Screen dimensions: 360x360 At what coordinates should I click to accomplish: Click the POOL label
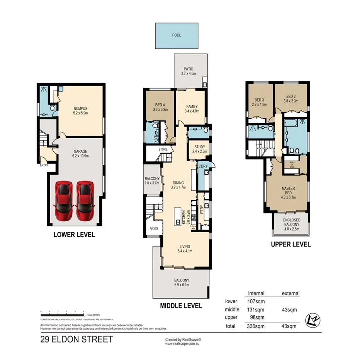click(x=177, y=35)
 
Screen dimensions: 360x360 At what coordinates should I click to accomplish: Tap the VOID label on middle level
click(x=154, y=229)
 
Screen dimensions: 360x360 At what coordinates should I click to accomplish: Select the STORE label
click(x=163, y=149)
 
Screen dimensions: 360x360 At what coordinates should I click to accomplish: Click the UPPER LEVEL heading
click(x=291, y=244)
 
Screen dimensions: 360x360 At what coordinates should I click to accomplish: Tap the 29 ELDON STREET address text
click(x=76, y=340)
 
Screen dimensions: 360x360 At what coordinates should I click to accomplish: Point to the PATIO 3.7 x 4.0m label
click(x=189, y=71)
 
